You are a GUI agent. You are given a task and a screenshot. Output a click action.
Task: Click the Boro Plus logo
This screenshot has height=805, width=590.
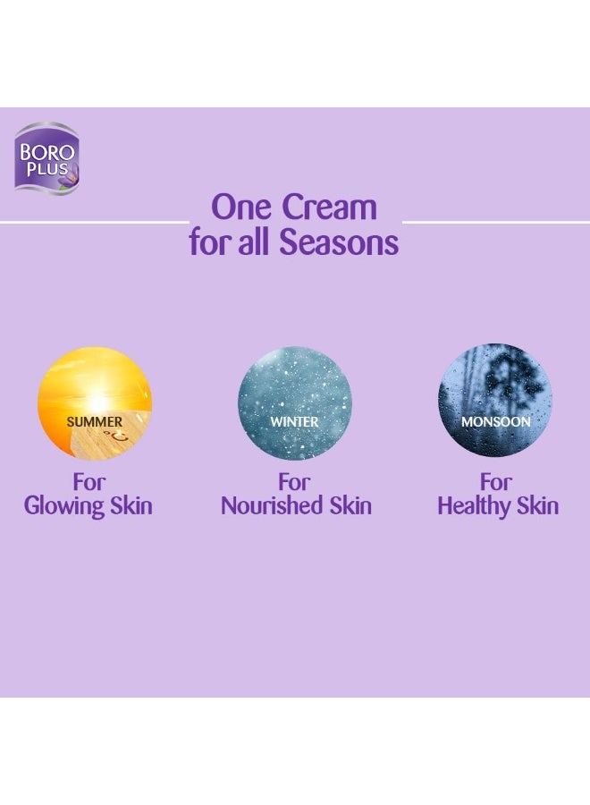point(46,157)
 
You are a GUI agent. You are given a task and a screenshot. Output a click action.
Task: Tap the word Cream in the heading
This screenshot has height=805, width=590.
point(329,208)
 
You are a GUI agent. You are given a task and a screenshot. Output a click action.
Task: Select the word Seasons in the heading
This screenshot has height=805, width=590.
point(347,242)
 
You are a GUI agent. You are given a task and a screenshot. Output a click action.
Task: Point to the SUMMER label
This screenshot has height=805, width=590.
point(94,421)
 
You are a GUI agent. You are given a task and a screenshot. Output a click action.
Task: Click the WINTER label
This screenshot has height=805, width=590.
point(294,421)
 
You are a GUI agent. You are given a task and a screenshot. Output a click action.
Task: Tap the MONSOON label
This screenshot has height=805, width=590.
point(495,421)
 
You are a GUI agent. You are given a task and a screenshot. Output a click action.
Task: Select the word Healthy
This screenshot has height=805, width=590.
point(472,505)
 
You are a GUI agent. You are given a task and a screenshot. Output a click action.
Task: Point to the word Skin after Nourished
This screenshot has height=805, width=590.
point(348,505)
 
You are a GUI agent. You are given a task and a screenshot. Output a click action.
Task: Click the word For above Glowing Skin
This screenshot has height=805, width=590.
point(89,482)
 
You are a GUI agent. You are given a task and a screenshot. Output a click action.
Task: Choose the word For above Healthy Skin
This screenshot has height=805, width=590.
point(496,482)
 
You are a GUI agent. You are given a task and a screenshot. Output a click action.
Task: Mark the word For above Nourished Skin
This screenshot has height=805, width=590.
point(294,482)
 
